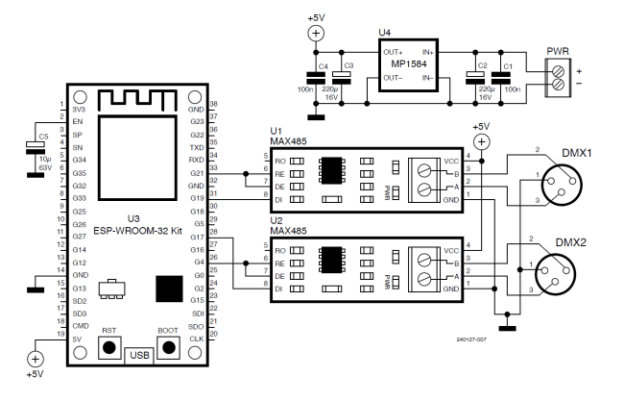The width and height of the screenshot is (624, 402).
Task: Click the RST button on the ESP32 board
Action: pyautogui.click(x=109, y=347)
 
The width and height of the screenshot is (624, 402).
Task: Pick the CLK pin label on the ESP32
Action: pyautogui.click(x=196, y=339)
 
